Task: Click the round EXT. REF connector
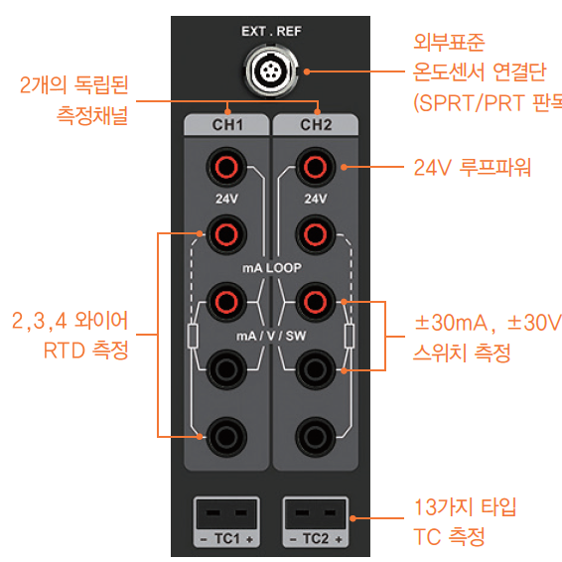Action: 271,72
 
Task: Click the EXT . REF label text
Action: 271,32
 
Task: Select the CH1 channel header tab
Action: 226,125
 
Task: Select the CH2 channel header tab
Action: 316,125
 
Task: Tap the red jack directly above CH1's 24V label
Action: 226,166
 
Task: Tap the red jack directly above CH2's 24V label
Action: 316,166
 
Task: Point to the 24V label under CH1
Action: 226,199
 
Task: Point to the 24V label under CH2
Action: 316,199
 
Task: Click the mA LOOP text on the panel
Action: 271,268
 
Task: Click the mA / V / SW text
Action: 271,336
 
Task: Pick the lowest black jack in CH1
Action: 226,436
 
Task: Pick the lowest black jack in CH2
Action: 316,436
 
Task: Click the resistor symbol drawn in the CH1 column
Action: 193,336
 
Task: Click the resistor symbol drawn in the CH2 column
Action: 350,336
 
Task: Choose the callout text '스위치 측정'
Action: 462,351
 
